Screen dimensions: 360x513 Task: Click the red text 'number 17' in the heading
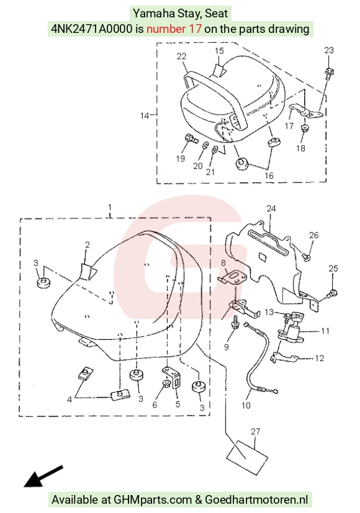tap(174, 29)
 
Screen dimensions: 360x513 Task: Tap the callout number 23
tap(329, 50)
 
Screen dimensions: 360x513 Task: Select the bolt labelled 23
tap(328, 72)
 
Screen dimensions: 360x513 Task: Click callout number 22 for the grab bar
tap(181, 56)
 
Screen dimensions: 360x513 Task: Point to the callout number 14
tap(145, 115)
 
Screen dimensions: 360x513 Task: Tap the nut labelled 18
tap(305, 128)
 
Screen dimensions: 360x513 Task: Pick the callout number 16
tap(269, 176)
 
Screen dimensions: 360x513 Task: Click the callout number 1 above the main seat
tap(110, 207)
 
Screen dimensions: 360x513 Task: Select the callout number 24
tap(271, 208)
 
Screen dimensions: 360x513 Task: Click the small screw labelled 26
tap(305, 257)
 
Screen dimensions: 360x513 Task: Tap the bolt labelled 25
tap(333, 293)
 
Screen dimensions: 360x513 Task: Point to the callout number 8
tap(223, 263)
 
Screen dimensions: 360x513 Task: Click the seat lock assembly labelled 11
tap(291, 327)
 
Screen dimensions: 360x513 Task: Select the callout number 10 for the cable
tap(246, 406)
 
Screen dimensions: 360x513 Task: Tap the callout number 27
tap(255, 432)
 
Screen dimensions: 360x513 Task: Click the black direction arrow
tap(43, 476)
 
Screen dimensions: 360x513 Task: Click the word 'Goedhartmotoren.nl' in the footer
tap(256, 500)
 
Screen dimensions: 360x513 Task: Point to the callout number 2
tap(88, 245)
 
